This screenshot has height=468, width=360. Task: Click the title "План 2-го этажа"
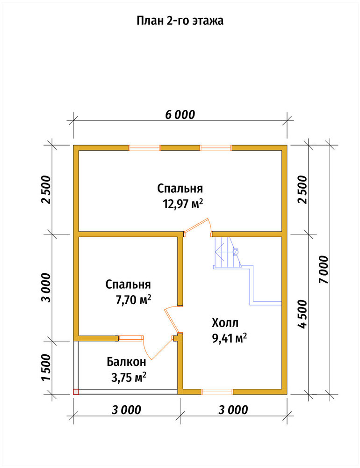180,21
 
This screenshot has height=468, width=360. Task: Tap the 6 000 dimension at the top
180,115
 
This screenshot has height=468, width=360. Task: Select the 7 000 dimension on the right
324,270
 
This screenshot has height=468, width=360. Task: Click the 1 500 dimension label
46,367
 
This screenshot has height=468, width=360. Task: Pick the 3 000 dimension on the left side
46,287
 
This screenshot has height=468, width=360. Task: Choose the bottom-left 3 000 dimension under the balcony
126,410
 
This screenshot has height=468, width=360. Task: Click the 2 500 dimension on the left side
46,190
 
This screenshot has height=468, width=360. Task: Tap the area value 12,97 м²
183,204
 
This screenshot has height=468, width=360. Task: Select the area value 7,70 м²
134,300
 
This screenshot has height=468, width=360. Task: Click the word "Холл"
225,323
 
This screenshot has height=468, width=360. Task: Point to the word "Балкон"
126,362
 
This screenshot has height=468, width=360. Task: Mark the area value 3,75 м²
129,378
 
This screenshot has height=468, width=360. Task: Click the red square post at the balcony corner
76,392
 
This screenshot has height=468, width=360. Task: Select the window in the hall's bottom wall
217,392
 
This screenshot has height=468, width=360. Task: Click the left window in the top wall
144,148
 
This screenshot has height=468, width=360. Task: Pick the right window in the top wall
216,148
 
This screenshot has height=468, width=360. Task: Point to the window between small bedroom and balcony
130,338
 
